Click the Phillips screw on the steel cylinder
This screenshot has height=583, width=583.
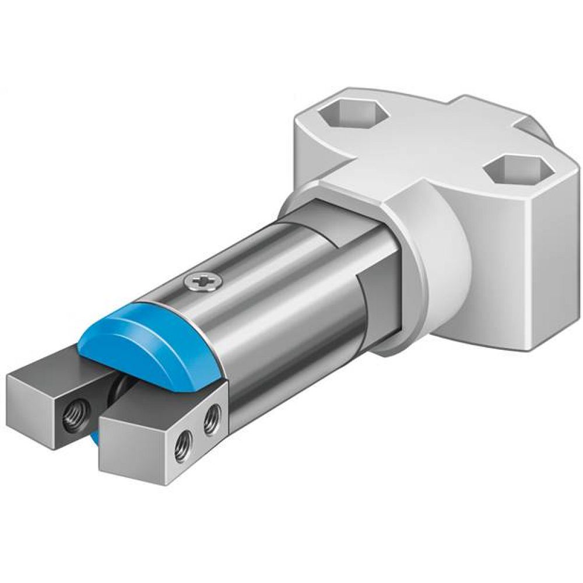coord(202,282)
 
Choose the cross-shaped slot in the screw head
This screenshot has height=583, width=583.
coord(202,282)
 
